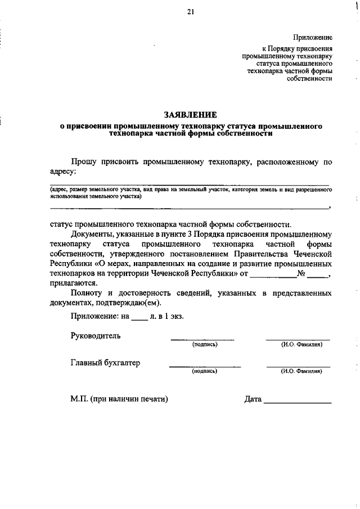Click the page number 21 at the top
point(191,12)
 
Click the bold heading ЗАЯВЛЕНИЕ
point(191,114)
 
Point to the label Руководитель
point(96,336)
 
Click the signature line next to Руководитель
point(202,339)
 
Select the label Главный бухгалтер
point(105,363)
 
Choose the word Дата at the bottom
point(253,399)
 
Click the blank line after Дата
point(298,402)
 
